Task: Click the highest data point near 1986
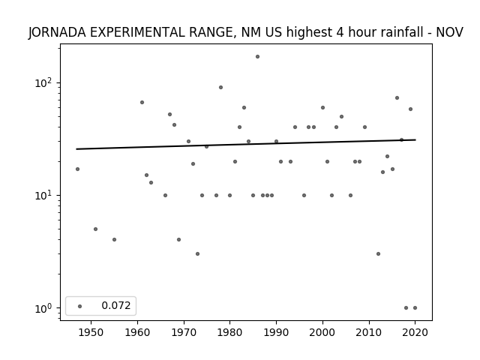click(257, 57)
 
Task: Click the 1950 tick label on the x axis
click(91, 332)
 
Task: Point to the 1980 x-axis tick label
click(230, 332)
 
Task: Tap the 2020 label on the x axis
click(415, 332)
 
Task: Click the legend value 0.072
click(116, 305)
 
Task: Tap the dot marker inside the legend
click(80, 306)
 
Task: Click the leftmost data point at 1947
click(77, 169)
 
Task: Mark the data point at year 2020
click(415, 308)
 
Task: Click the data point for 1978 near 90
click(220, 87)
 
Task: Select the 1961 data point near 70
click(142, 102)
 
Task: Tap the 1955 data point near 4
click(114, 239)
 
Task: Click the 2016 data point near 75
click(397, 97)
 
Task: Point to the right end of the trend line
click(415, 139)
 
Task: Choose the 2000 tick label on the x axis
click(322, 332)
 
